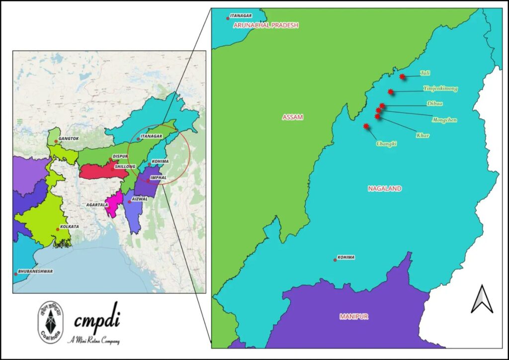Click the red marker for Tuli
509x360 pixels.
tap(402, 77)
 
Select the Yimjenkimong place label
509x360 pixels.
tap(440, 89)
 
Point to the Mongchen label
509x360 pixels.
tap(444, 120)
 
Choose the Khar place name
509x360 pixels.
tap(423, 135)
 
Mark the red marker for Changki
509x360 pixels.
tap(366, 126)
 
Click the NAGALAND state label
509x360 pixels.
tap(385, 188)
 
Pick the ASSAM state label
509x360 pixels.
tap(293, 117)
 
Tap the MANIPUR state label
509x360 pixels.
tap(354, 316)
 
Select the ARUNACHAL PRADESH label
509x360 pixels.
tap(266, 25)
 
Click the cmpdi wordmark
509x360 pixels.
tap(97, 321)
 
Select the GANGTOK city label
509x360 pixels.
tap(69, 139)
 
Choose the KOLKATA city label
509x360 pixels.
tap(70, 226)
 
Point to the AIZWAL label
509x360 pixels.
tap(140, 198)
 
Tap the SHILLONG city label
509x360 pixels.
tap(125, 167)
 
